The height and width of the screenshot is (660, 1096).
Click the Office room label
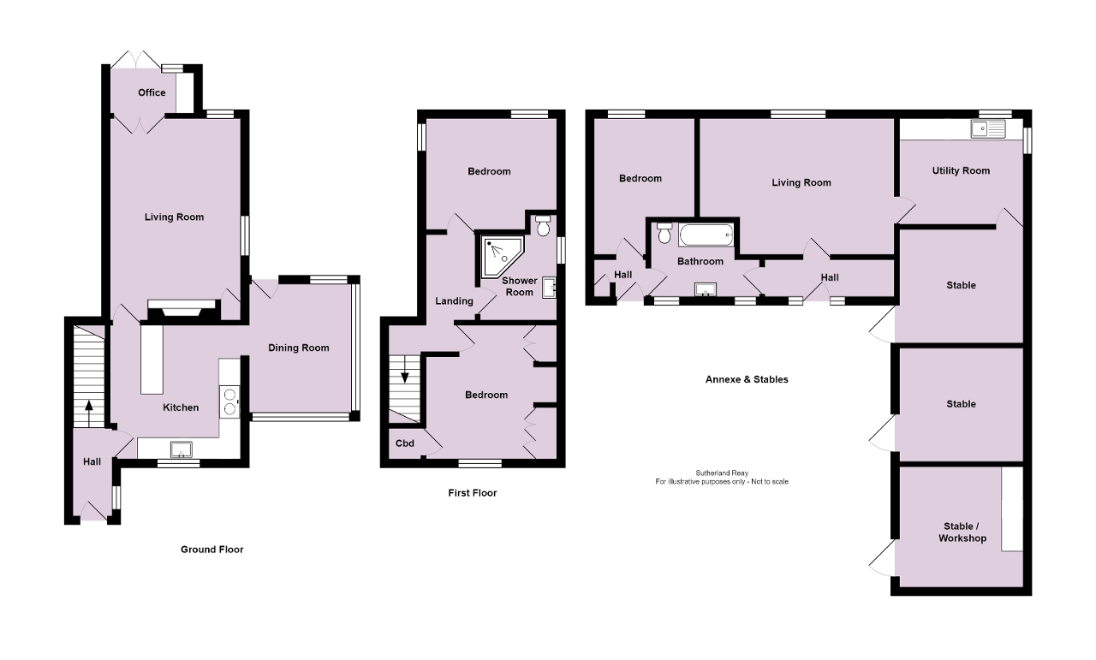coord(152,92)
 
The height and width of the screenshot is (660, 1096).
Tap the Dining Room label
coord(299,348)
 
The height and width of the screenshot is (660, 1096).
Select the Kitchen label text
coord(181,407)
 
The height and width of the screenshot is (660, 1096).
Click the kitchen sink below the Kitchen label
coord(181,449)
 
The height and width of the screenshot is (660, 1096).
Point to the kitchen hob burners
coord(229,401)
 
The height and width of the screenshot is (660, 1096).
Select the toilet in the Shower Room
coord(542,225)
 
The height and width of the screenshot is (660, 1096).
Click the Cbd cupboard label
coord(404,443)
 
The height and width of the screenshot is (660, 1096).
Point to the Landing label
coord(454,301)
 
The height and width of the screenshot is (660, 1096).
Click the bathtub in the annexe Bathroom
coord(706,234)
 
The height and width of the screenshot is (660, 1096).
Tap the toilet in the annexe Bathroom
coord(665,231)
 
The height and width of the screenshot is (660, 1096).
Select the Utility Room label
coord(961,170)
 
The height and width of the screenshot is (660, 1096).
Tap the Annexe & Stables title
coord(747,379)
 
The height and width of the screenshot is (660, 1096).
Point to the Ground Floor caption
coord(212,550)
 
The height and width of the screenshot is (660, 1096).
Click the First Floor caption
coord(472,493)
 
